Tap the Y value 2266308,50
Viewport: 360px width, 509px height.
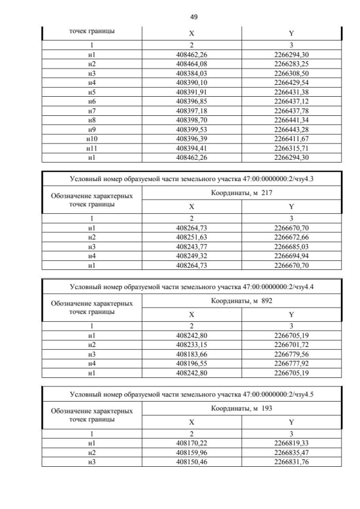click(x=291, y=74)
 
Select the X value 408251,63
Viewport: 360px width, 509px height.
click(x=191, y=237)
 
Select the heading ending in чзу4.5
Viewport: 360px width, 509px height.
click(x=192, y=394)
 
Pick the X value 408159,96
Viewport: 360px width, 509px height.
click(x=191, y=453)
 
